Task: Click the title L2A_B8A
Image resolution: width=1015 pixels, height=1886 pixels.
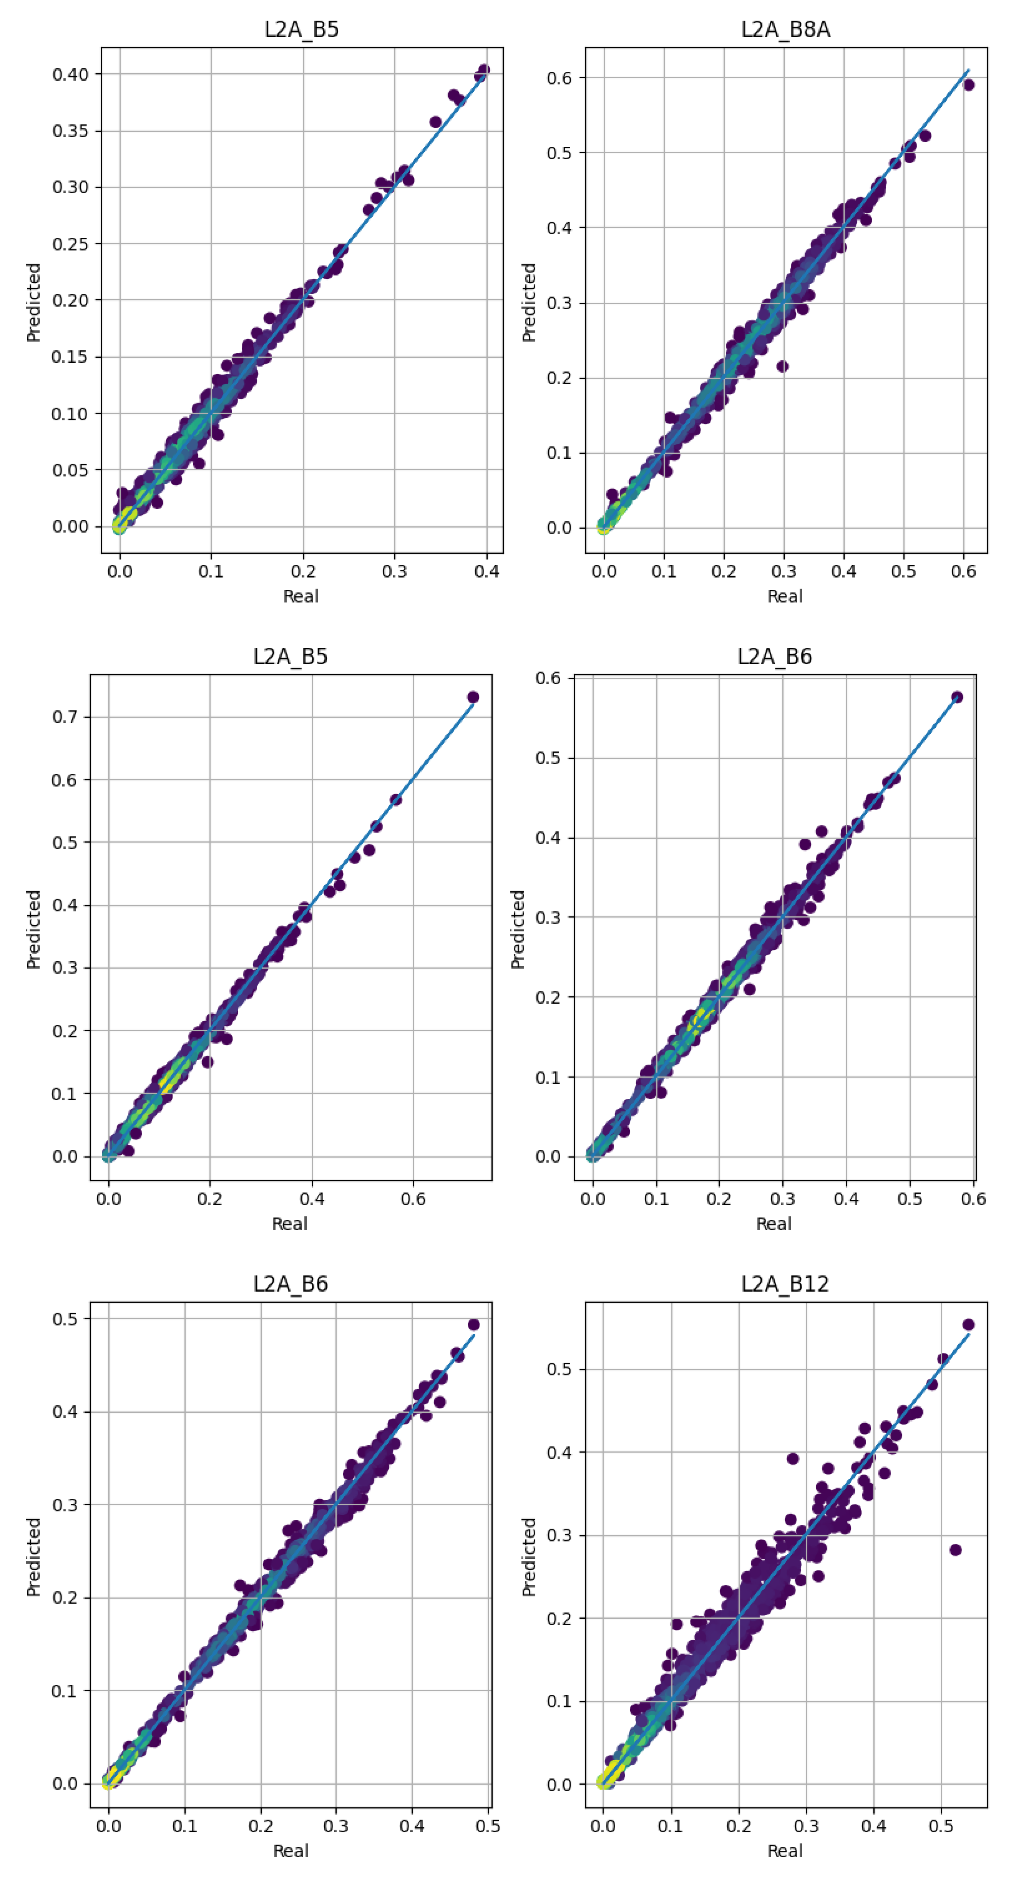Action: (785, 29)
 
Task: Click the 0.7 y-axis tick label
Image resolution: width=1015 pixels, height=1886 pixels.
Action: (65, 717)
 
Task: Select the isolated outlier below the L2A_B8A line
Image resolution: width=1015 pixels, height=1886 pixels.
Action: (782, 366)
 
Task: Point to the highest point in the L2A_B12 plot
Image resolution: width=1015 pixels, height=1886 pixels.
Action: (968, 1324)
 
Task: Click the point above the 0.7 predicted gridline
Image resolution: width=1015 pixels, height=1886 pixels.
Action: (473, 697)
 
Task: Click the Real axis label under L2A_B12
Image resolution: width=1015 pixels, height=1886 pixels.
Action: (784, 1851)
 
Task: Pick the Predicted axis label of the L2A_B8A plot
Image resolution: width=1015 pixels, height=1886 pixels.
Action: (528, 302)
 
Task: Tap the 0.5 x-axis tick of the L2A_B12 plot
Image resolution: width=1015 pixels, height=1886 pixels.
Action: (941, 1826)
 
